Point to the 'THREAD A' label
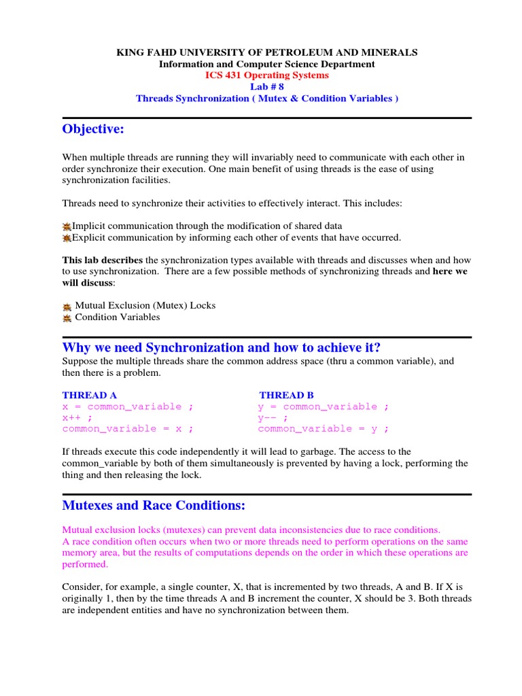coord(85,395)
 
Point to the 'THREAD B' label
coord(285,395)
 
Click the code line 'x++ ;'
coord(77,417)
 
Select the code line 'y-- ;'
coord(273,417)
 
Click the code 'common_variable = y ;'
coord(324,428)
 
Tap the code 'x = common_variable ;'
coord(128,406)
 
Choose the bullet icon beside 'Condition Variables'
coord(67,317)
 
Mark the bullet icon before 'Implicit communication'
coord(67,226)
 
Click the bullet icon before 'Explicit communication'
coord(67,238)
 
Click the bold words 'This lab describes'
coord(103,260)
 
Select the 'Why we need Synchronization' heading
coord(222,348)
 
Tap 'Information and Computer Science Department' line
coord(266,64)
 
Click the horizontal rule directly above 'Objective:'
coord(266,118)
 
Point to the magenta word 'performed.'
coord(85,564)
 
